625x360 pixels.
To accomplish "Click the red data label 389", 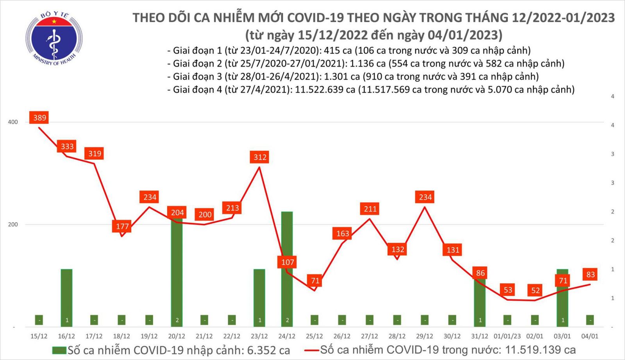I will point(39,118).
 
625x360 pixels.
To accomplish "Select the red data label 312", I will point(260,157).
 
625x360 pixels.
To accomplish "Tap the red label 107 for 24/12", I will point(287,262).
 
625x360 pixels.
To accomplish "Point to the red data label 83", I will point(590,274).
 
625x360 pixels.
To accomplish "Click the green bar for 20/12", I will point(177,273).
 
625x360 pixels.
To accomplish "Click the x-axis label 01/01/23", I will point(507,336).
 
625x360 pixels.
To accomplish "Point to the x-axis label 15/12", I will point(39,336).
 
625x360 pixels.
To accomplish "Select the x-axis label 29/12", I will point(425,336).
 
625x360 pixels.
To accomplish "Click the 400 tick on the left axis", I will point(13,122).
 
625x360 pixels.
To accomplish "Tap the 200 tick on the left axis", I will point(13,225).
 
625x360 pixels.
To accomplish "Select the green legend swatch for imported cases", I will point(59,350).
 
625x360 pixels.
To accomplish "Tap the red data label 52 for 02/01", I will point(535,290).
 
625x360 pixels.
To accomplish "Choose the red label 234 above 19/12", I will point(150,197).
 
